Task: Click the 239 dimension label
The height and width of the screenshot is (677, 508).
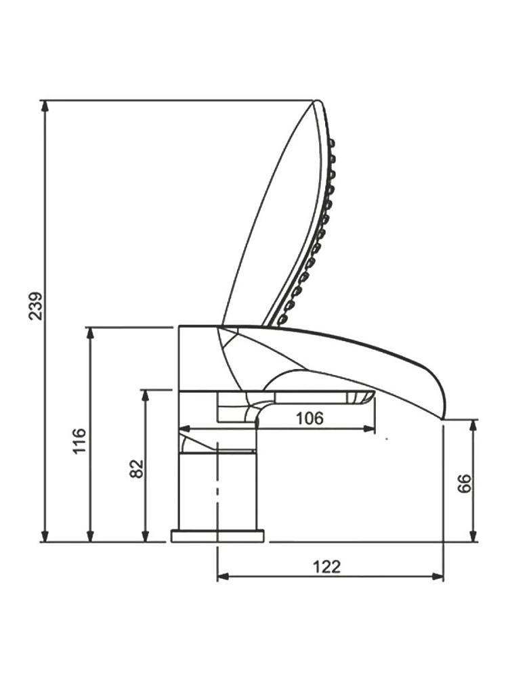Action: (x=36, y=306)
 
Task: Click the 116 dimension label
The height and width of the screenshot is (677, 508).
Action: (x=79, y=441)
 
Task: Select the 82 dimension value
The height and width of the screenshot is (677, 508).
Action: (x=137, y=468)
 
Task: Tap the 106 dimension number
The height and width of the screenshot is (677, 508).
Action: (x=310, y=418)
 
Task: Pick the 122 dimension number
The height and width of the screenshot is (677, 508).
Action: (x=326, y=566)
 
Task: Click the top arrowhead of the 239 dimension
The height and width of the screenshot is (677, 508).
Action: (x=45, y=108)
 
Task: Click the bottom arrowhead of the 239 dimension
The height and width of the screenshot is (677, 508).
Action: (x=45, y=534)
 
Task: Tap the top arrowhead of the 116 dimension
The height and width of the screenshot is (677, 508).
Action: (x=90, y=336)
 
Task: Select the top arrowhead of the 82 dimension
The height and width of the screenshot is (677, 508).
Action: (x=146, y=398)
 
